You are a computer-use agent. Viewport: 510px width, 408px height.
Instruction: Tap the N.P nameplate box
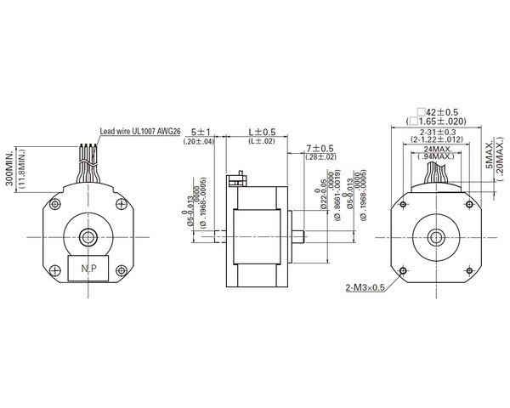click(x=88, y=268)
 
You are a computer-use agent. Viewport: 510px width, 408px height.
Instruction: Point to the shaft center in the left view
click(x=88, y=235)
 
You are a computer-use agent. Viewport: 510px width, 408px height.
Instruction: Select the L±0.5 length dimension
click(x=261, y=132)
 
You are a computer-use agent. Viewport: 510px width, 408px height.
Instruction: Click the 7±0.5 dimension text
click(x=320, y=148)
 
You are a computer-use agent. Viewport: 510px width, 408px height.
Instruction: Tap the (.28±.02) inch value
click(x=320, y=157)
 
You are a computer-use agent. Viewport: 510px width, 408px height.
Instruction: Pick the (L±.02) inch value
click(x=261, y=141)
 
